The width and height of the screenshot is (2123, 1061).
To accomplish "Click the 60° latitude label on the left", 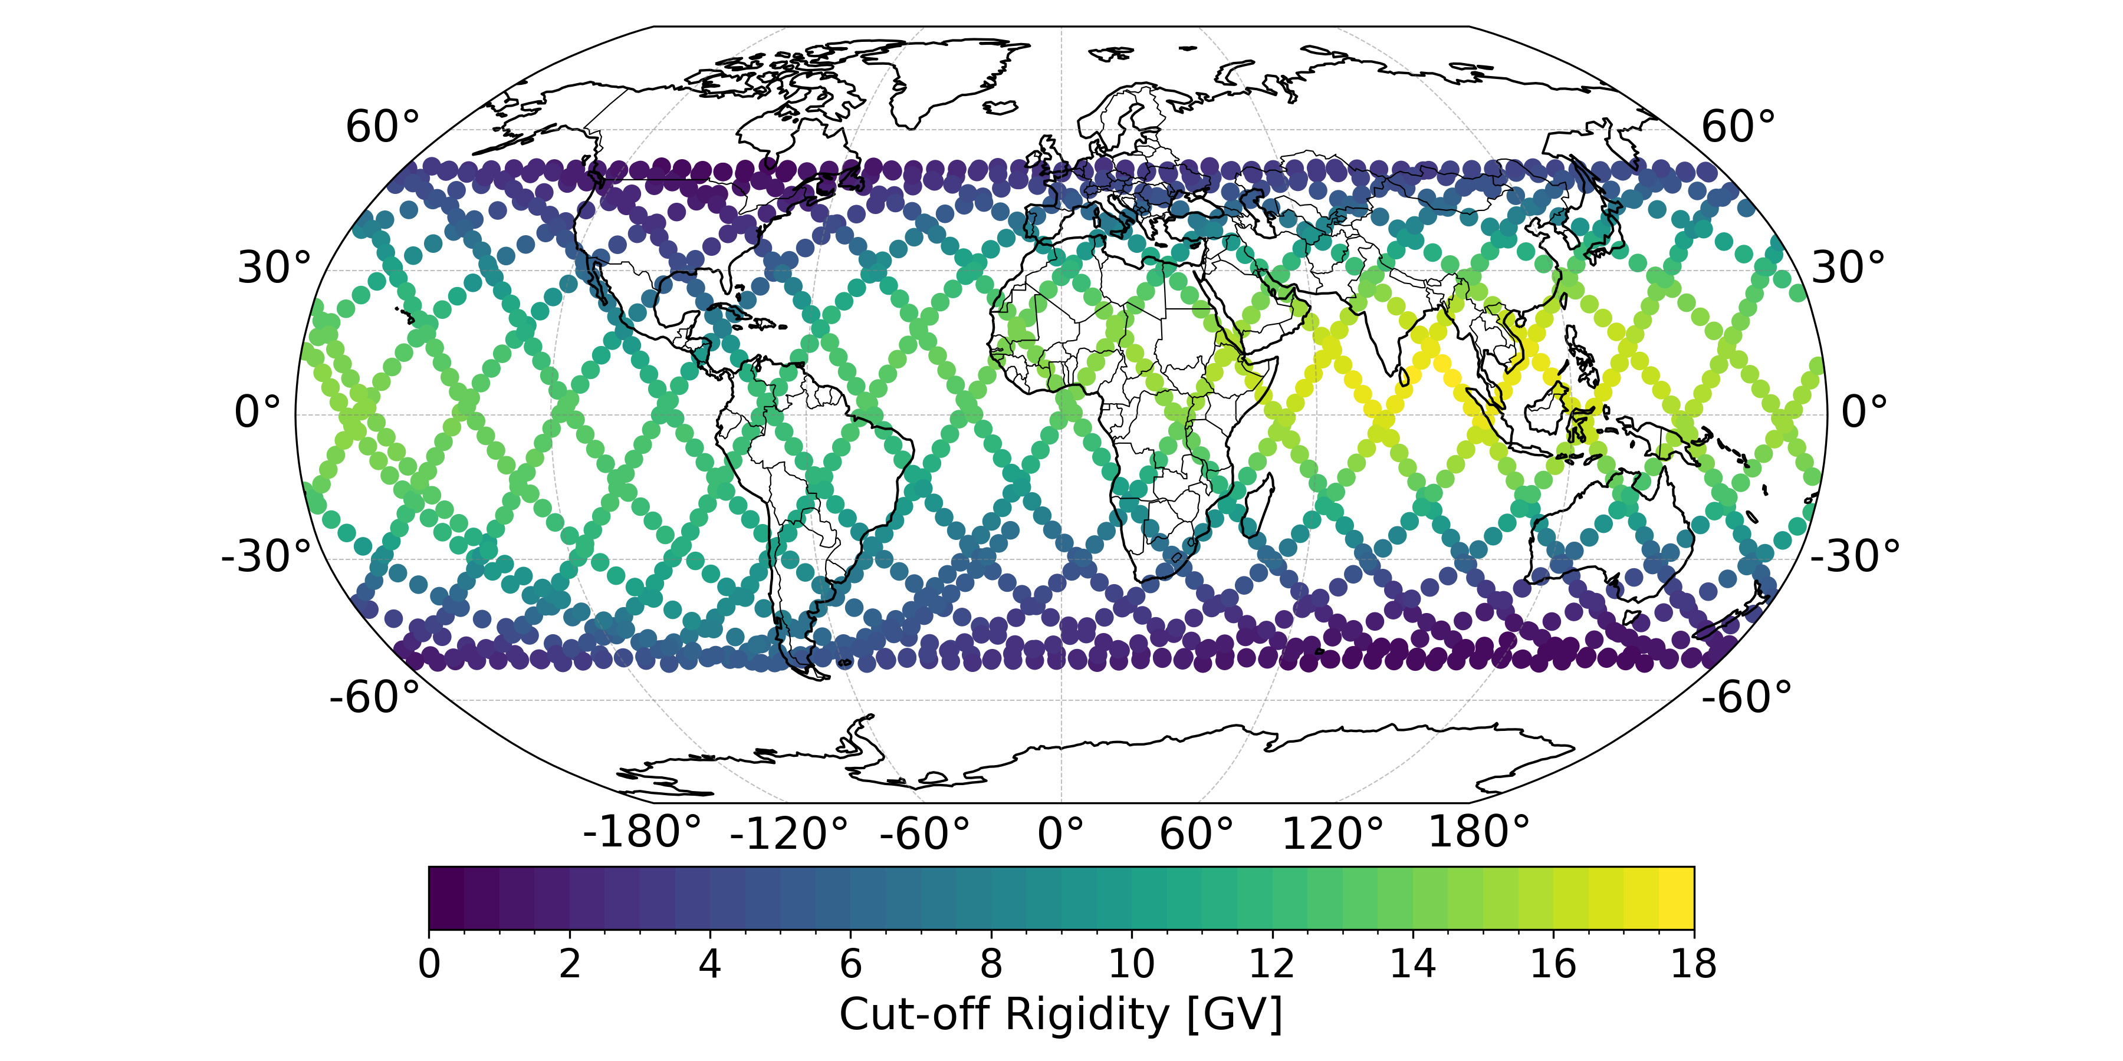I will tap(382, 128).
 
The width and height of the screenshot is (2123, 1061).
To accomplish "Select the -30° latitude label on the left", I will tap(265, 557).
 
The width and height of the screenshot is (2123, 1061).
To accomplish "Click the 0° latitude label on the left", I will tap(257, 412).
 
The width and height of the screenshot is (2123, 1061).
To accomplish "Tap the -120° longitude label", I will tap(788, 833).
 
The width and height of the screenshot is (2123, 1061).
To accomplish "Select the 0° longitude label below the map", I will tap(1061, 833).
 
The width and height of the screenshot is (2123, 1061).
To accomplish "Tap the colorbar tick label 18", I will tap(1694, 964).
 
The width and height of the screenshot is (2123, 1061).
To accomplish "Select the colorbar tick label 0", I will tap(429, 964).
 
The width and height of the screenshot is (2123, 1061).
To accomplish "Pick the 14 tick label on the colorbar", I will tap(1412, 964).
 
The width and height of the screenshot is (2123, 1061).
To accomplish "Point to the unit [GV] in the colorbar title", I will tap(1234, 1015).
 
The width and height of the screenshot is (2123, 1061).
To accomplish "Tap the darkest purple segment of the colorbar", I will tap(446, 897).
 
